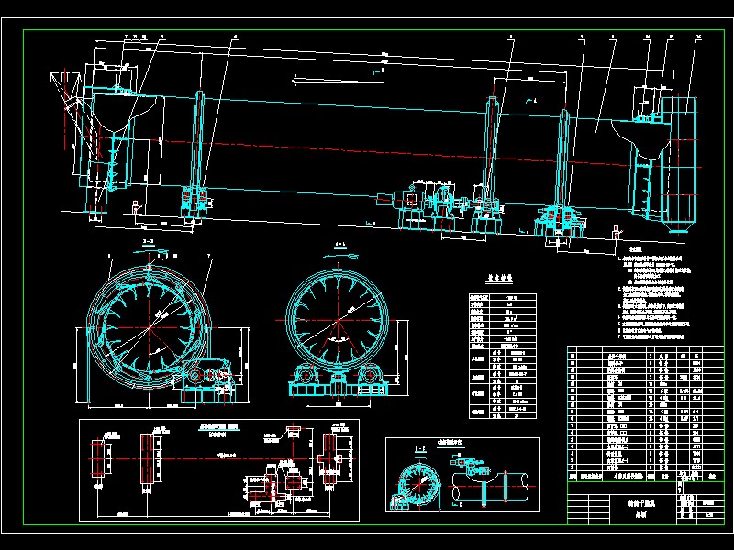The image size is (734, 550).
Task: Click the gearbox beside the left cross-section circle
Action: (208, 378)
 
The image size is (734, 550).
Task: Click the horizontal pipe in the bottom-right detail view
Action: (500, 482)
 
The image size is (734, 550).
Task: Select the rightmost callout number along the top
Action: (699, 37)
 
